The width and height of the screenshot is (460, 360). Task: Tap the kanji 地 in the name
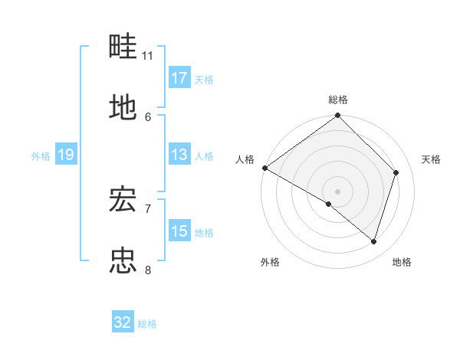pos(123,108)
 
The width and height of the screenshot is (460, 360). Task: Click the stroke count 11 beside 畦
pos(148,56)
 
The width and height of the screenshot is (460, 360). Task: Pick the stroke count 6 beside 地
pos(148,116)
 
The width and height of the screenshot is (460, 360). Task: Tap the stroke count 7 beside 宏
pos(148,208)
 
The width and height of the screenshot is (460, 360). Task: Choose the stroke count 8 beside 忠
pos(148,270)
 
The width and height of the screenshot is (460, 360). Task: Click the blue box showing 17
pos(179,78)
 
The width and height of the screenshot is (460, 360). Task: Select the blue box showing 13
pos(179,155)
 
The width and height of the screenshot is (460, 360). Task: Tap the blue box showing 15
pos(179,231)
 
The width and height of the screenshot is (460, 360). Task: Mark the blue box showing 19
pos(65,155)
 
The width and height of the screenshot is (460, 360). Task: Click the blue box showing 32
pos(123,322)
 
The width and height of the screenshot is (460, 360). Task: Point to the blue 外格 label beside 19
pos(41,155)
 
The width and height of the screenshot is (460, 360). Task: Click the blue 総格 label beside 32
pos(148,323)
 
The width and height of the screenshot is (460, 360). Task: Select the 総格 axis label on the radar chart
pos(338,100)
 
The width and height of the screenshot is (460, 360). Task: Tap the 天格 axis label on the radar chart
pos(432,159)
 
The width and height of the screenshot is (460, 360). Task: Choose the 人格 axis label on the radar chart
pos(245,159)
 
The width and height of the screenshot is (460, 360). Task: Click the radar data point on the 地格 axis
pos(374,241)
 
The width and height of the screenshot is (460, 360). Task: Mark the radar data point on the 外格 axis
pos(329,204)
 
